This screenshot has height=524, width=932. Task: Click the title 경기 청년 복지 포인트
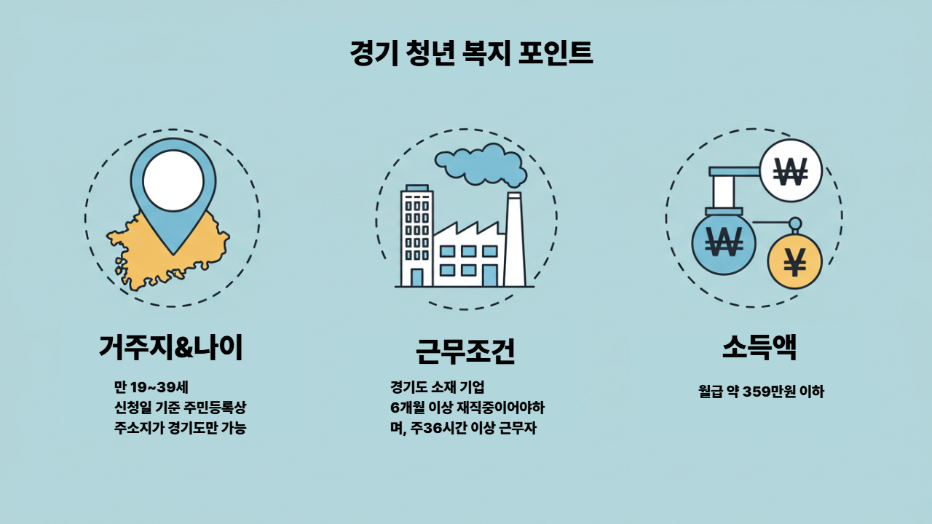(x=471, y=54)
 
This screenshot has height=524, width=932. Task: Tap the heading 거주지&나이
(x=171, y=348)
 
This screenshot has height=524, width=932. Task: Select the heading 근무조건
(x=465, y=351)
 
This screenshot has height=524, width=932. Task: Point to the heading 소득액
(x=759, y=348)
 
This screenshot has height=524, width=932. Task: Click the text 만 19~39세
(x=151, y=386)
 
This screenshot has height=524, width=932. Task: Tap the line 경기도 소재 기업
(x=437, y=386)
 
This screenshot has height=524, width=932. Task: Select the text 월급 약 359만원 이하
(x=761, y=392)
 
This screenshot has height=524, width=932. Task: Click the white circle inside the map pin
(x=173, y=181)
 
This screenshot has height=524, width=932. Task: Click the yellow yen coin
(x=794, y=262)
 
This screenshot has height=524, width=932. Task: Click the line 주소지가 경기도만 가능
(x=180, y=428)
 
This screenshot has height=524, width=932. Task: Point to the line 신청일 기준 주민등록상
(x=180, y=408)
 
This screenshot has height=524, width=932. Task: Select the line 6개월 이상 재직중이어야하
(x=467, y=408)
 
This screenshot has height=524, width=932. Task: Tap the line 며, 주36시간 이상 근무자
(x=463, y=428)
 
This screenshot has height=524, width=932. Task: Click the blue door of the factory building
(x=490, y=276)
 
